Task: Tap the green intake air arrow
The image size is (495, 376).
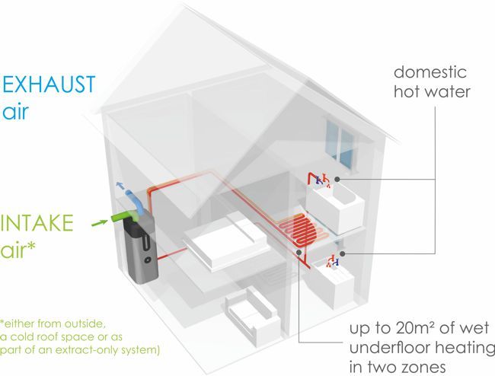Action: pyautogui.click(x=100, y=224)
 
